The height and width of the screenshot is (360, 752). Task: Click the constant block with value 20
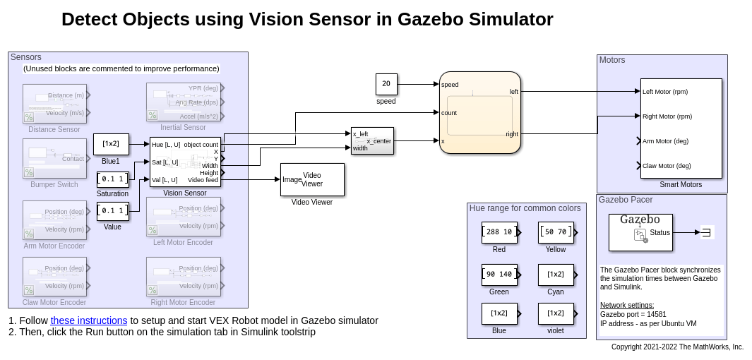tap(386, 84)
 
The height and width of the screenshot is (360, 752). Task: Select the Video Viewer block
tap(312, 179)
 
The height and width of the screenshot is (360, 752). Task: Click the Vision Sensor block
tap(185, 162)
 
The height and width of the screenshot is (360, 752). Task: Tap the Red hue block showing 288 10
tap(499, 232)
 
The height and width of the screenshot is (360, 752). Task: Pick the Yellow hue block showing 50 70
tap(556, 232)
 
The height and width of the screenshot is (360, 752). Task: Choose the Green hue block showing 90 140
tap(499, 274)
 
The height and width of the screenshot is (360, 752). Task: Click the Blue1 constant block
tap(111, 144)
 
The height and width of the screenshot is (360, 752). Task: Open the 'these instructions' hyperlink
tap(89, 320)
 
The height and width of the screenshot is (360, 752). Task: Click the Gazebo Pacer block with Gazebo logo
tap(640, 232)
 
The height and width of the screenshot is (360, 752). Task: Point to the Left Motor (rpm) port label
tap(665, 92)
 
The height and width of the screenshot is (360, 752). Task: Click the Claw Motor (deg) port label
tap(667, 166)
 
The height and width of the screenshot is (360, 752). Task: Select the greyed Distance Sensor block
tap(54, 104)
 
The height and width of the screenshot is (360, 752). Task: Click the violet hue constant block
tap(556, 313)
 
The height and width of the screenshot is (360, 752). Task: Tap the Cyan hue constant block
tap(556, 274)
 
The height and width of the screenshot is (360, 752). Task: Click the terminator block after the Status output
tap(708, 232)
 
